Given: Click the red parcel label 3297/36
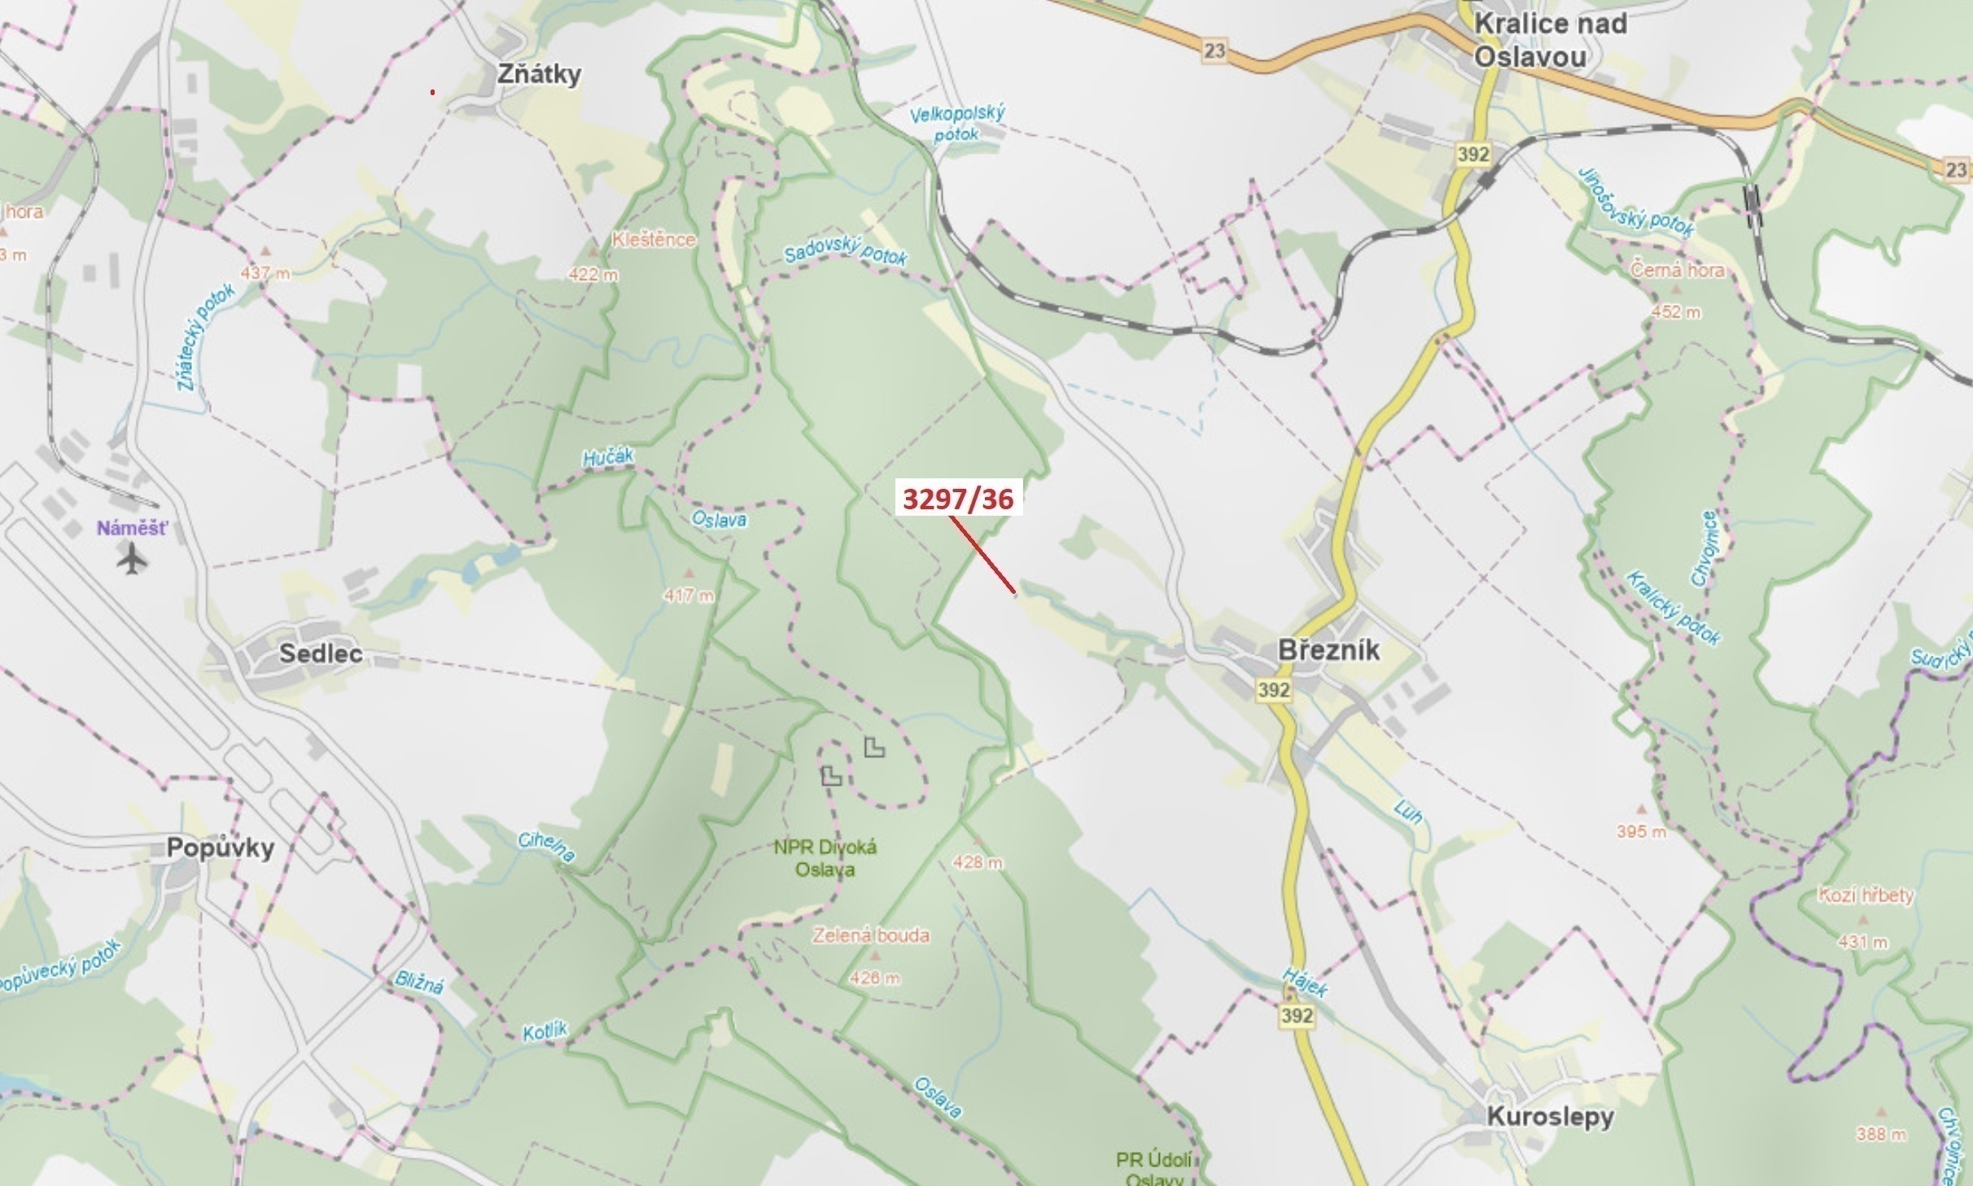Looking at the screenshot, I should pos(958,499).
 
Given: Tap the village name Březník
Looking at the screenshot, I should pos(1328,650).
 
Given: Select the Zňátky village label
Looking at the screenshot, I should pos(539,74).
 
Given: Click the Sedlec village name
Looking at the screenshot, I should pos(321,653).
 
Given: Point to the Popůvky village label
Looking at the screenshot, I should pos(221,848).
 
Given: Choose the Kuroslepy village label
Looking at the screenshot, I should pos(1550,1116).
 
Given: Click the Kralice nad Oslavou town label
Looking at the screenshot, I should pos(1549,40).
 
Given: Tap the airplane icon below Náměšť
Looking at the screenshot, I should pos(132,558).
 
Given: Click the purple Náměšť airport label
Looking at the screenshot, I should pos(132,528).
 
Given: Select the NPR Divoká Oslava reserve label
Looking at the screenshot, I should pos(825,858).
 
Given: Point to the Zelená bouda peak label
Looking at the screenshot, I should pos(871,935).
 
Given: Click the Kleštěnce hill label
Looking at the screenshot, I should pos(654,240).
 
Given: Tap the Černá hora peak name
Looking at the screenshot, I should pos(1677,270).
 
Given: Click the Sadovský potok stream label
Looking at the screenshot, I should pos(845,253).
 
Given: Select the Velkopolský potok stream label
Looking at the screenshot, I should pos(957,124).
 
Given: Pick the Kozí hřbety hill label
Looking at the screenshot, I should pos(1866,896).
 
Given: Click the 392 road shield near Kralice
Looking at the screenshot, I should pos(1473,155).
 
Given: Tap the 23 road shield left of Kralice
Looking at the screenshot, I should pos(1214,51).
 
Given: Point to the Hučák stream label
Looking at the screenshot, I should pos(608,457).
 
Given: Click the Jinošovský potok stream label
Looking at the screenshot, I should pos(1636,202).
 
